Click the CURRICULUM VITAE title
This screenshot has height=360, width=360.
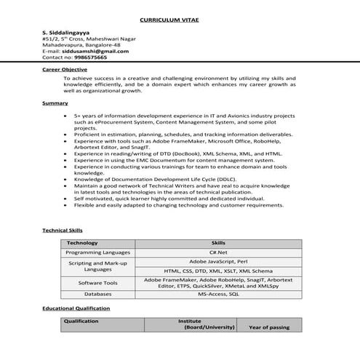tap(180, 20)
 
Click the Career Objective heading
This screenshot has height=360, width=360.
tap(66, 69)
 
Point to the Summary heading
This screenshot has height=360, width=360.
tap(55, 103)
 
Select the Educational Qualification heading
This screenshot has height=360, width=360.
tap(76, 308)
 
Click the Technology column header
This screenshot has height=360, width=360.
tap(82, 243)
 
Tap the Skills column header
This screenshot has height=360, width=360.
tap(218, 243)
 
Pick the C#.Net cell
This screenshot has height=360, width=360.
tap(218, 252)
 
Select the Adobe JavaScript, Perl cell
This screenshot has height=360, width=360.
tap(218, 260)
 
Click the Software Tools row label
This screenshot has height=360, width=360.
tap(97, 282)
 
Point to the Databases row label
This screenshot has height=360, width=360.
tap(97, 294)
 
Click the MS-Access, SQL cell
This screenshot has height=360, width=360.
tap(218, 294)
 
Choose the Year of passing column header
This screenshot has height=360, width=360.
tap(269, 328)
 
